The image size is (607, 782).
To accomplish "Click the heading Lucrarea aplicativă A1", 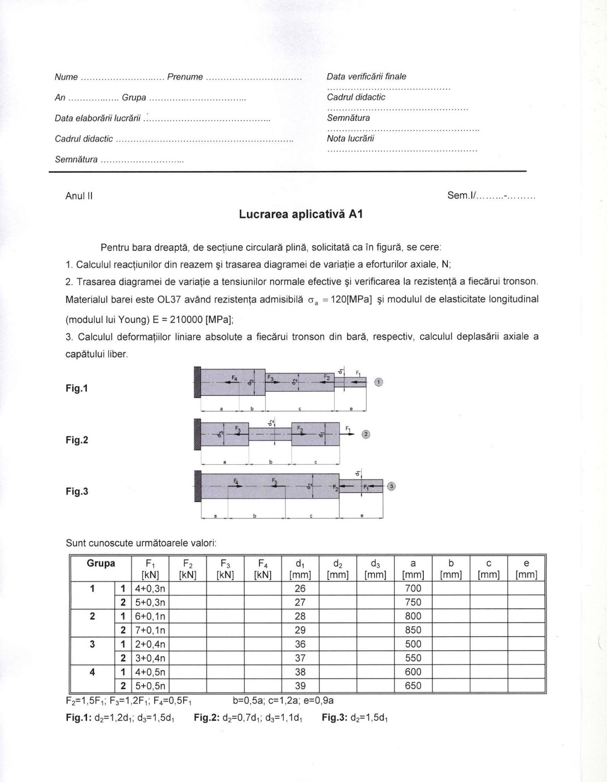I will (x=301, y=214).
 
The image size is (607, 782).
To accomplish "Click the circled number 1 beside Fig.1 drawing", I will (x=379, y=382).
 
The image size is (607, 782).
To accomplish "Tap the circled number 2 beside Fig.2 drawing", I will (x=366, y=434).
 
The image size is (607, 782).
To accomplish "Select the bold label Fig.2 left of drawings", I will (x=77, y=440).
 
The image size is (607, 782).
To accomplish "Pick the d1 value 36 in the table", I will (x=300, y=644).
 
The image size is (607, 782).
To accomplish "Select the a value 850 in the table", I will (x=413, y=630).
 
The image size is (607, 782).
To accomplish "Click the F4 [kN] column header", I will (x=263, y=569).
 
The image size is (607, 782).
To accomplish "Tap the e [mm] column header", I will (x=526, y=569).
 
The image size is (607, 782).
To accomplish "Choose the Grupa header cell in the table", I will (x=101, y=564).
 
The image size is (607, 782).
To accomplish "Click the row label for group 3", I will (x=92, y=644).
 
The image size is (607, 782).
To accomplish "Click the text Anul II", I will (x=79, y=196).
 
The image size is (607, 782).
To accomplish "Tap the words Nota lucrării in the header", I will (x=350, y=138).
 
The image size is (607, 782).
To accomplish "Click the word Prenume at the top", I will (x=185, y=77).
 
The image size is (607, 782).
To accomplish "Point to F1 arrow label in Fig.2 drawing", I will (x=348, y=429).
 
